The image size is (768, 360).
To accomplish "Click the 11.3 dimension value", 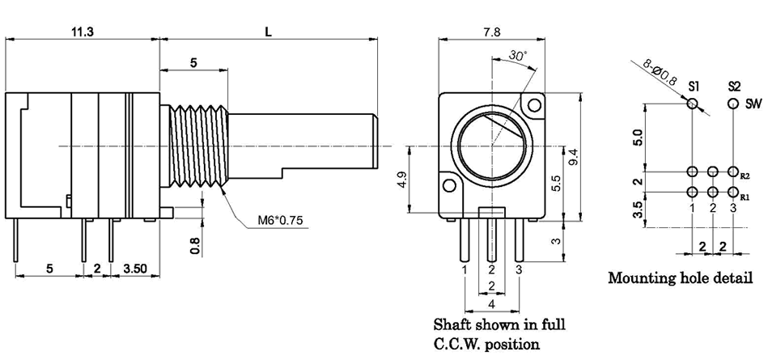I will (x=82, y=32).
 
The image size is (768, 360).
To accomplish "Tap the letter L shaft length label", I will (x=268, y=32).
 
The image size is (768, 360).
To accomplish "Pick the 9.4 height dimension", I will (x=573, y=158).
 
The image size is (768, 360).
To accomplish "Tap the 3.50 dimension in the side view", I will (x=136, y=268).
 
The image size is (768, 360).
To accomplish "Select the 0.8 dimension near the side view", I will (x=195, y=244).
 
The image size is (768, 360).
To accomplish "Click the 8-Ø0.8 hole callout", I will (x=660, y=71).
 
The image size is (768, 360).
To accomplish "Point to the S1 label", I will (x=694, y=85).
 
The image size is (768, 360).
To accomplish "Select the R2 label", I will (x=745, y=176).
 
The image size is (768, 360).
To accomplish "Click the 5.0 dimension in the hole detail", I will (x=637, y=137).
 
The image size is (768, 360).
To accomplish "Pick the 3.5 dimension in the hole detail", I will (x=637, y=211).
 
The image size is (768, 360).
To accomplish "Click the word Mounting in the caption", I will (x=640, y=279).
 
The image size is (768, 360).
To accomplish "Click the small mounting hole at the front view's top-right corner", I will (x=533, y=104).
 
